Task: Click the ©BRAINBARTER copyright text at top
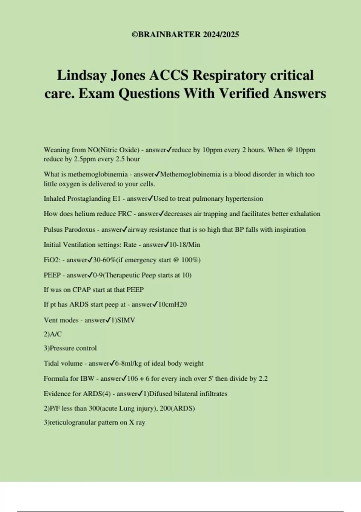[185, 34]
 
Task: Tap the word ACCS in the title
[169, 75]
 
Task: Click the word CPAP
[81, 290]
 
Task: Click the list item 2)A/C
[53, 334]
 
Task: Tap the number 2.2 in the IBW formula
[263, 379]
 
